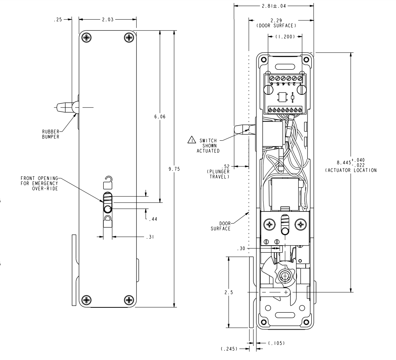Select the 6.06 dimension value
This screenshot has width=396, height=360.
coord(160,117)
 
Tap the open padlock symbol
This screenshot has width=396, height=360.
coord(107,183)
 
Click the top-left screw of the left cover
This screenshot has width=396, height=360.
coord(87,37)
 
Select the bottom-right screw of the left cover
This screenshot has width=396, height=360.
coord(129,300)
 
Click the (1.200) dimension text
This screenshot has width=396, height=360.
coord(285,37)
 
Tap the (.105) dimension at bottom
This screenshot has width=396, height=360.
coord(276,343)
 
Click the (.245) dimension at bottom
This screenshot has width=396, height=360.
coord(228,349)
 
